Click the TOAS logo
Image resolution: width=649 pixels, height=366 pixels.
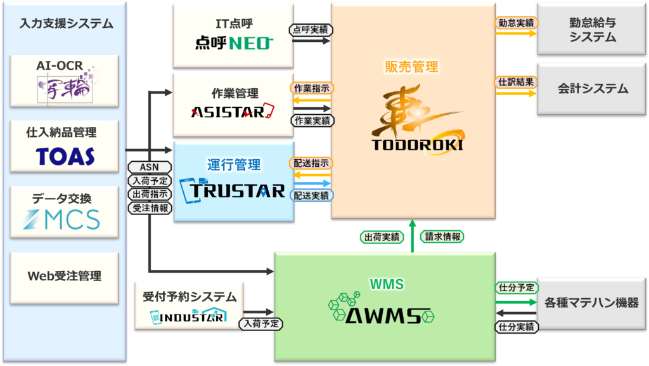pos(65,155)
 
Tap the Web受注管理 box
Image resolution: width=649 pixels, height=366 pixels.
pos(65,277)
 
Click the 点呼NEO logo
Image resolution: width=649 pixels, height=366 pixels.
pos(234,43)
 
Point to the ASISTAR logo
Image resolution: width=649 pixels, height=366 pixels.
pos(233,112)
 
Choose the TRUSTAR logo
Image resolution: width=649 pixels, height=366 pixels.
pos(233,189)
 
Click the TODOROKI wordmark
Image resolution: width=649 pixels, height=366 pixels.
pos(418,145)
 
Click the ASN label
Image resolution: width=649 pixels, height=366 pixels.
pos(150,167)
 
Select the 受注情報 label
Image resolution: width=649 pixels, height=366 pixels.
pos(150,207)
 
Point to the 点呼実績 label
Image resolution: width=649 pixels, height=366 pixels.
pos(311,29)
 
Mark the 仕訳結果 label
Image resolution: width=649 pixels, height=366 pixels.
pos(516,81)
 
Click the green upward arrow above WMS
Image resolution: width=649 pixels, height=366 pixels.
pos(413,236)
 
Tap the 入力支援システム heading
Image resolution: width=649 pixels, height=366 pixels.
pos(66,24)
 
